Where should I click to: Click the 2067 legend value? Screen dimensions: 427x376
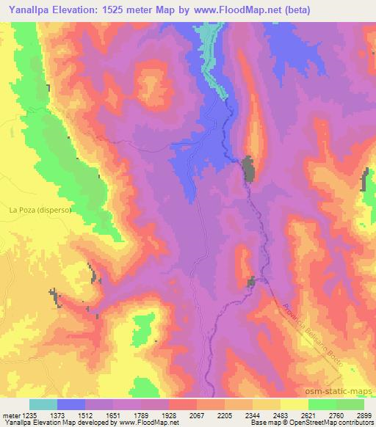pos(197,415)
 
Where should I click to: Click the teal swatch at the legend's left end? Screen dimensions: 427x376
pos(43,404)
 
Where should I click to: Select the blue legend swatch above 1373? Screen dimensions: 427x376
pos(71,404)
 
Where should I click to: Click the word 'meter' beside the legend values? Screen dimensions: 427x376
pos(11,415)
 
